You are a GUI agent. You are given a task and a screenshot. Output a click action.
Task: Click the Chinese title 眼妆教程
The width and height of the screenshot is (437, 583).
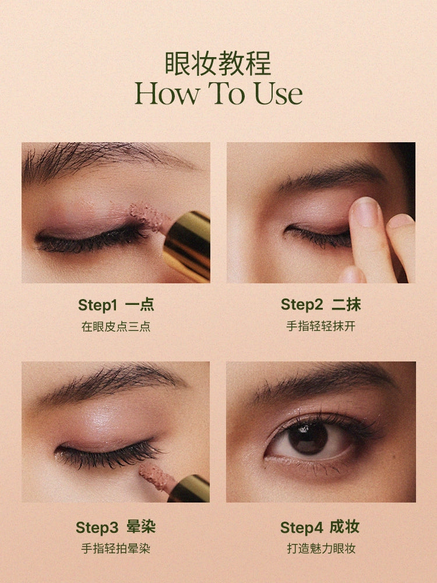tap(218, 64)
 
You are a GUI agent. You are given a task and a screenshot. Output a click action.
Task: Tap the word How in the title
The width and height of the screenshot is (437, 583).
tap(167, 93)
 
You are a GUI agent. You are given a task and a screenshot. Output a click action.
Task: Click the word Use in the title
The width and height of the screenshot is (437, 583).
tap(278, 93)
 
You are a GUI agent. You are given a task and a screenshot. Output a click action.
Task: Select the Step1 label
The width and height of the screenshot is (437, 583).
tap(97, 305)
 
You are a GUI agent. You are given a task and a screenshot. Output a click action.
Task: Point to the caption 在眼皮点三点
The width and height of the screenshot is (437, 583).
tap(116, 326)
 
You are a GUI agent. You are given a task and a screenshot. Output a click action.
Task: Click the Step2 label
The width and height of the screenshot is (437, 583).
tap(302, 304)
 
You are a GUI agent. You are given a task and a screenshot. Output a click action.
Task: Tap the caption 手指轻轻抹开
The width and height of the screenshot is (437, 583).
tap(320, 326)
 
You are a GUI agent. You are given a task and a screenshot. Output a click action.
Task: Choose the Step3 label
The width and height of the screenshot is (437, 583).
tap(97, 527)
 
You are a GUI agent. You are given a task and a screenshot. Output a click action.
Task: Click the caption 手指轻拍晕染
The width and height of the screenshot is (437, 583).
tap(115, 549)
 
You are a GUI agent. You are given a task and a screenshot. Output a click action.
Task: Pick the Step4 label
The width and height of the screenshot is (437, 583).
tap(301, 527)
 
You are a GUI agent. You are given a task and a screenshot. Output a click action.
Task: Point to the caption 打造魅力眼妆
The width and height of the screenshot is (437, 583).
tap(321, 549)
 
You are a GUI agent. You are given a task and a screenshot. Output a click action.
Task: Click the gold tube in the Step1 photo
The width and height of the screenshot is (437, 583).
tap(188, 245)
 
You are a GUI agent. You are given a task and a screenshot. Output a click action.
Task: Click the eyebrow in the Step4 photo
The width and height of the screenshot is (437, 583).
tap(323, 383)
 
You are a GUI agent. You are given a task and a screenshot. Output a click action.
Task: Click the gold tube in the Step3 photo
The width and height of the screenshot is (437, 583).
tap(189, 489)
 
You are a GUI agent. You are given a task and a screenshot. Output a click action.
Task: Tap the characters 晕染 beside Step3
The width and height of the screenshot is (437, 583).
tap(141, 527)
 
